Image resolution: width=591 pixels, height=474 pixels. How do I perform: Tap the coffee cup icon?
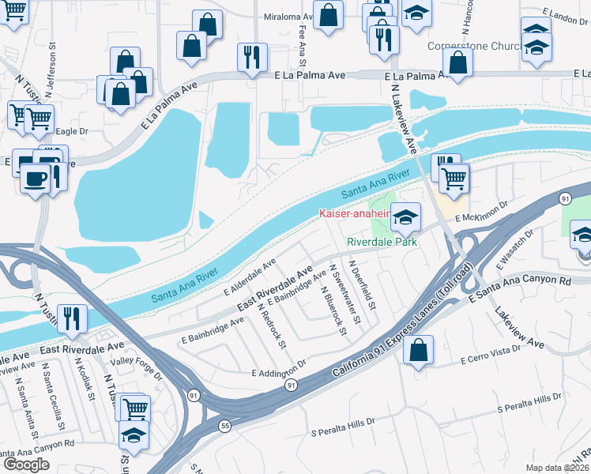pyautogui.click(x=33, y=179)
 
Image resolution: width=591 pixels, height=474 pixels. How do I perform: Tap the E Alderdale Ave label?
pyautogui.click(x=250, y=275)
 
